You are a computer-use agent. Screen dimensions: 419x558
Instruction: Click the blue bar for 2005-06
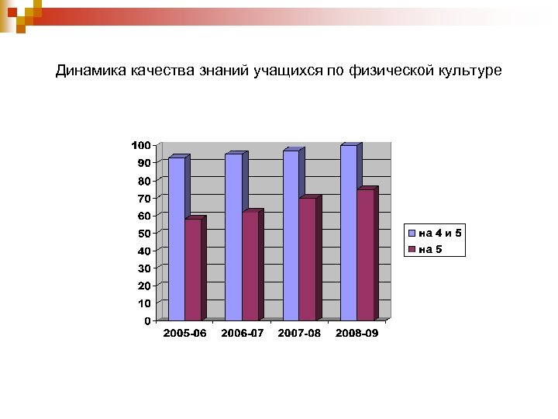tap(176, 239)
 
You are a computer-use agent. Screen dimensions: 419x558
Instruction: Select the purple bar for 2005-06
tap(193, 270)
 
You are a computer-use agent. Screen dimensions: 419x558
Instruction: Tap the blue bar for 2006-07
tap(233, 237)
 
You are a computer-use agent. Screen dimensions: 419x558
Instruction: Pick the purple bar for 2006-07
tap(250, 266)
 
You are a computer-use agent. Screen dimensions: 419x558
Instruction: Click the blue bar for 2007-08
tap(291, 236)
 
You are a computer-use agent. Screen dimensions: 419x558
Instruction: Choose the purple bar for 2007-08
tap(308, 259)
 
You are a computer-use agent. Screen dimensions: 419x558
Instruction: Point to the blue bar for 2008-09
tap(348, 233)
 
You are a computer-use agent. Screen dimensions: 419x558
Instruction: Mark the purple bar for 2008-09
tap(365, 255)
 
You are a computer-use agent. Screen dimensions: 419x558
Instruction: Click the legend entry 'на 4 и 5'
tap(440, 233)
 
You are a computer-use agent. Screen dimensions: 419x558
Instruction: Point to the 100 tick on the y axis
tap(140, 145)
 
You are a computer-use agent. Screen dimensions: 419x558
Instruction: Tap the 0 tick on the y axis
tap(146, 320)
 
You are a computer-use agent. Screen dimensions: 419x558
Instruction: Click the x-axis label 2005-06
tap(184, 333)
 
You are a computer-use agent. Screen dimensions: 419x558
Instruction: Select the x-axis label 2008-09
tap(356, 333)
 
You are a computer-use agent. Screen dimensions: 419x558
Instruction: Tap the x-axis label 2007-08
tap(299, 333)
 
